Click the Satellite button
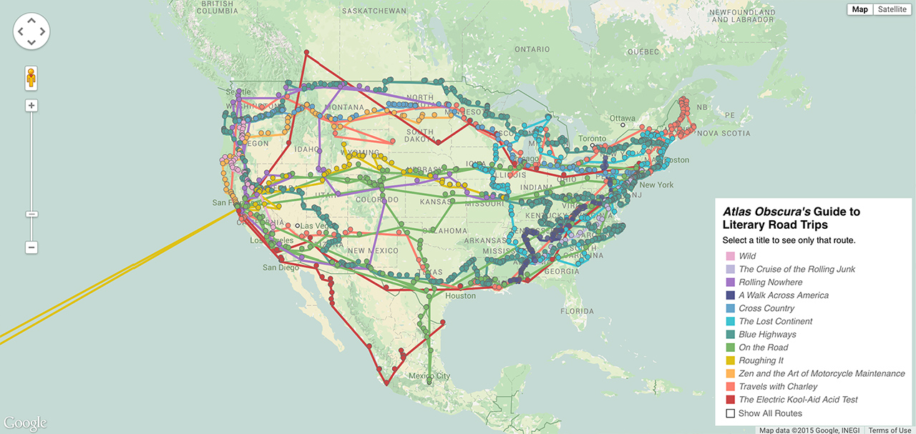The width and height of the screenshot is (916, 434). point(892,9)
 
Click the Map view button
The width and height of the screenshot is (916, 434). point(859,9)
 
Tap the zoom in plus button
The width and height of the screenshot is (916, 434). point(31,106)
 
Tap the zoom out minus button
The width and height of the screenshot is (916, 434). point(31,247)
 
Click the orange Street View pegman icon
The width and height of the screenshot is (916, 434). point(31,77)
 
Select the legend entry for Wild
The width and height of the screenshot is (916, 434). point(747,256)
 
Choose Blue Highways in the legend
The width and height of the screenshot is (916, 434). point(767,335)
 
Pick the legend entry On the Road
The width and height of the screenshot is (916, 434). point(763,347)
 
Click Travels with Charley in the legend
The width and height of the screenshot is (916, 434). point(778,387)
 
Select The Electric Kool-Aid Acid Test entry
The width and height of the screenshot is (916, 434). point(798,400)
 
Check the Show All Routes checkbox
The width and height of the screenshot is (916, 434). point(731,413)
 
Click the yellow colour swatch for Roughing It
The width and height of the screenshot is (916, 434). point(731,361)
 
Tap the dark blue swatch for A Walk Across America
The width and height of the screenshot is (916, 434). point(731,295)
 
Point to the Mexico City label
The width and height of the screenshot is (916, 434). point(429,376)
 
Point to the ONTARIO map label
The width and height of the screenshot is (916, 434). point(532,49)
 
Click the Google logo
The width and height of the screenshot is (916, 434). point(25,423)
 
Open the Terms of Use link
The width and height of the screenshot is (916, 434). point(890,430)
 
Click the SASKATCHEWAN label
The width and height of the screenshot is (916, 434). point(374,11)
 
